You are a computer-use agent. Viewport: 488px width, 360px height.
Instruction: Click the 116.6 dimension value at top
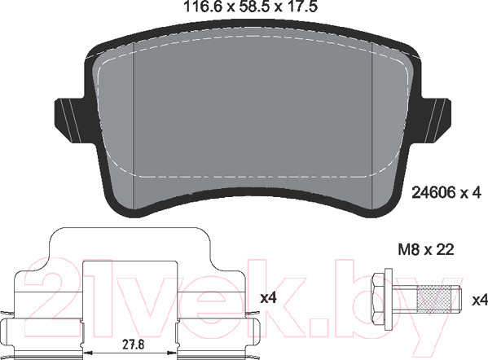click(x=203, y=7)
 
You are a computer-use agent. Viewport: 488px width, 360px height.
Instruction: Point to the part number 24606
click(x=434, y=192)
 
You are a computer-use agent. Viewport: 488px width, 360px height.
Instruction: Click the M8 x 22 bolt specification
click(x=426, y=249)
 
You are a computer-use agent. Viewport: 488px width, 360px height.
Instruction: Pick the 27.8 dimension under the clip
click(x=134, y=345)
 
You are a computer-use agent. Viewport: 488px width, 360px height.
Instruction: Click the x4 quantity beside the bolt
click(x=480, y=301)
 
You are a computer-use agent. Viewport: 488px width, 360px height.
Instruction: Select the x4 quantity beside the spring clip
click(x=268, y=298)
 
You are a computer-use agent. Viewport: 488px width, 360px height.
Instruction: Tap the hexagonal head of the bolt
click(x=379, y=300)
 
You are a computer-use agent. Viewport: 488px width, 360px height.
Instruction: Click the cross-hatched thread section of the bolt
click(x=433, y=300)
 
